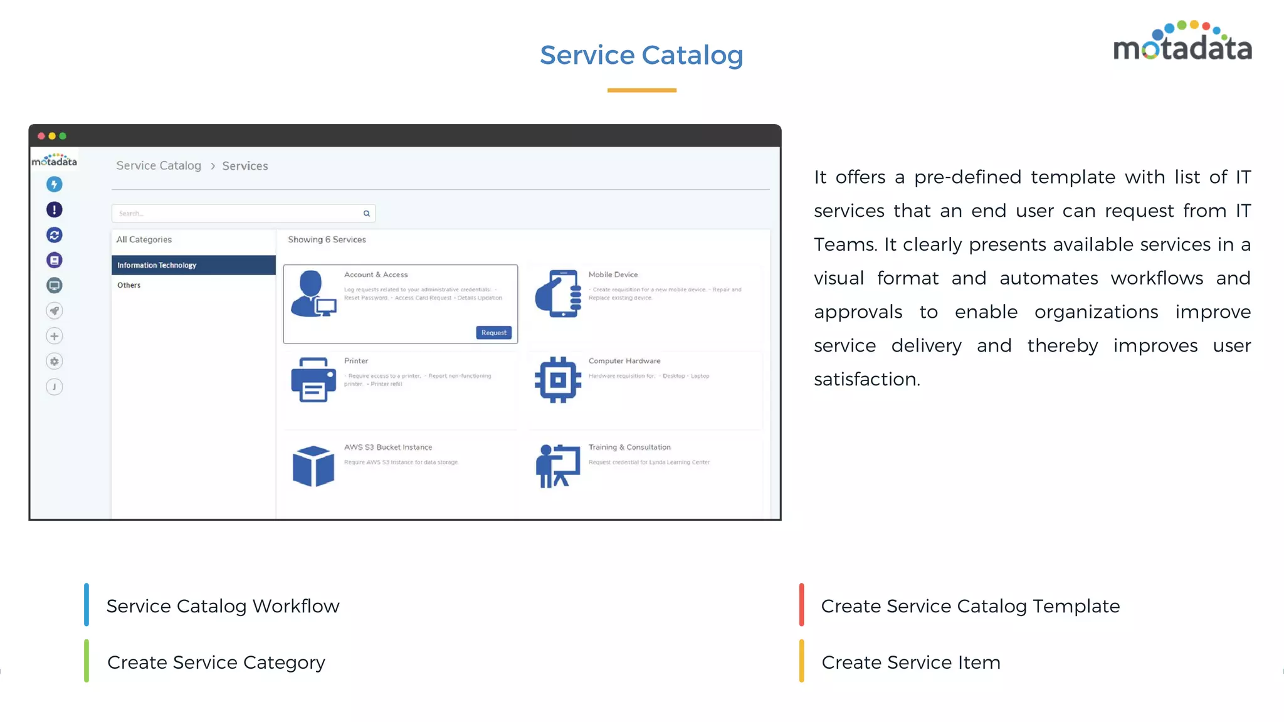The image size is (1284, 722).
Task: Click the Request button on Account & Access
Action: [494, 333]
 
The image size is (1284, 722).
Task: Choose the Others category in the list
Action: [129, 285]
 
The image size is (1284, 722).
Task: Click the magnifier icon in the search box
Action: [367, 214]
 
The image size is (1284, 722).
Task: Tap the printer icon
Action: [313, 380]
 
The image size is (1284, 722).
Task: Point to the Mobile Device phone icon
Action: [558, 293]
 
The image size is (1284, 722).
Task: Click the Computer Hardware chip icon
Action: [558, 380]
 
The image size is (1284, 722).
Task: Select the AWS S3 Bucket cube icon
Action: [313, 466]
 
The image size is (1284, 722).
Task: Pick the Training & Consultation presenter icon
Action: [558, 466]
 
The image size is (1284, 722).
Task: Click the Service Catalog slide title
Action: [641, 55]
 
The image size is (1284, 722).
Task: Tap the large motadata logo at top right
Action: [1182, 43]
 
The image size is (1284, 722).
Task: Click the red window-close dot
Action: [41, 136]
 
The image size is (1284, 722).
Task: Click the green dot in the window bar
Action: [63, 136]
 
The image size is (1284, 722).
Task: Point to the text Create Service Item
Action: [910, 662]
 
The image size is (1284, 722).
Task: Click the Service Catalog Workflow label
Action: [223, 606]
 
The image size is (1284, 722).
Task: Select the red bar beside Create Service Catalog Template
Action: [801, 605]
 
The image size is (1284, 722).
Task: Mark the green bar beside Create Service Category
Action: [87, 661]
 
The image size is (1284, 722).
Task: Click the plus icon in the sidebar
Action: [55, 337]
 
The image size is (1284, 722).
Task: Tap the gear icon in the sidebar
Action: [55, 362]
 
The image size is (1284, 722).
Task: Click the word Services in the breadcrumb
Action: [245, 166]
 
